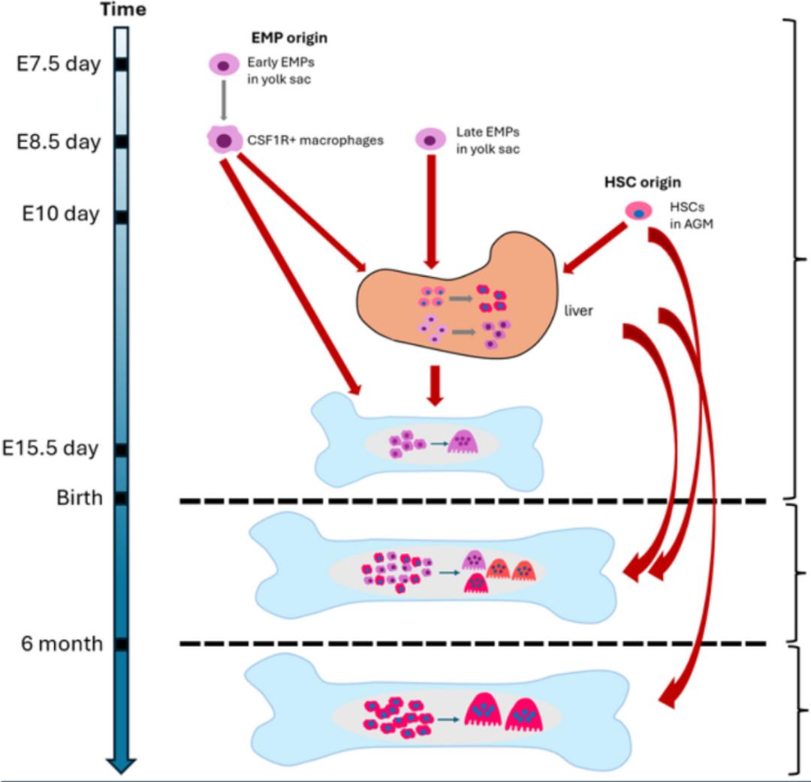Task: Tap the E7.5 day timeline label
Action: coord(59,65)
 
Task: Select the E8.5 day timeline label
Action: coord(59,142)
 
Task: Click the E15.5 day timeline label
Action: coord(59,448)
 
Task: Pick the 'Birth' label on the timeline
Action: coord(80,497)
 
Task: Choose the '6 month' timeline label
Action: coord(62,644)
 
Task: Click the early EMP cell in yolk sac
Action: coord(223,65)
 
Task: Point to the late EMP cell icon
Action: coord(430,139)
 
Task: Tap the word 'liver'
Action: coord(578,311)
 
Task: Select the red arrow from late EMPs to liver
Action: coord(431,210)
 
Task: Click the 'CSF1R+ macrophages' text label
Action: coord(315,140)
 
